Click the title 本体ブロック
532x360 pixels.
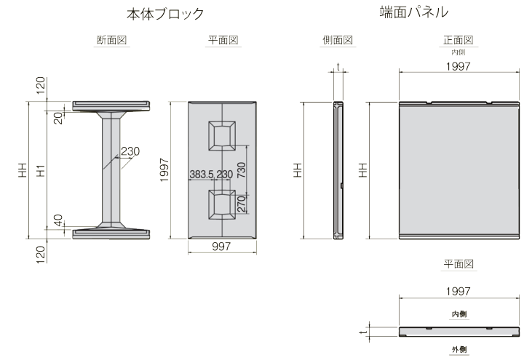(165, 14)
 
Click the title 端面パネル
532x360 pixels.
(414, 12)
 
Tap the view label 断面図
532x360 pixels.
(111, 40)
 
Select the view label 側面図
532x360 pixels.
(338, 40)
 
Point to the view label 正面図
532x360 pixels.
(458, 40)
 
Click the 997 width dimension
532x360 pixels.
(221, 247)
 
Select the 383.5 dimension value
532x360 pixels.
(201, 175)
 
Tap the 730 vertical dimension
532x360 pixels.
(241, 170)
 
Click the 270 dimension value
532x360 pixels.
(241, 204)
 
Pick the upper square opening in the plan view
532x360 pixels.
(222, 136)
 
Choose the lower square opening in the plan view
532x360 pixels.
(222, 204)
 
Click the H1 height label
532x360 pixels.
(40, 170)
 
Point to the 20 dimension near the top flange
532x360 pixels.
(58, 118)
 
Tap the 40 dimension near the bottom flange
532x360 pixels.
(58, 220)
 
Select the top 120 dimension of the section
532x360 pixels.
(40, 85)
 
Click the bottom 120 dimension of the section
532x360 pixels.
(40, 255)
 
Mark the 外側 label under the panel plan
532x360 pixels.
(459, 350)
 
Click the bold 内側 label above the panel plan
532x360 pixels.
(459, 314)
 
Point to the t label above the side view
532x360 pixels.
(338, 67)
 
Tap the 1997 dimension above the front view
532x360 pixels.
(458, 66)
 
